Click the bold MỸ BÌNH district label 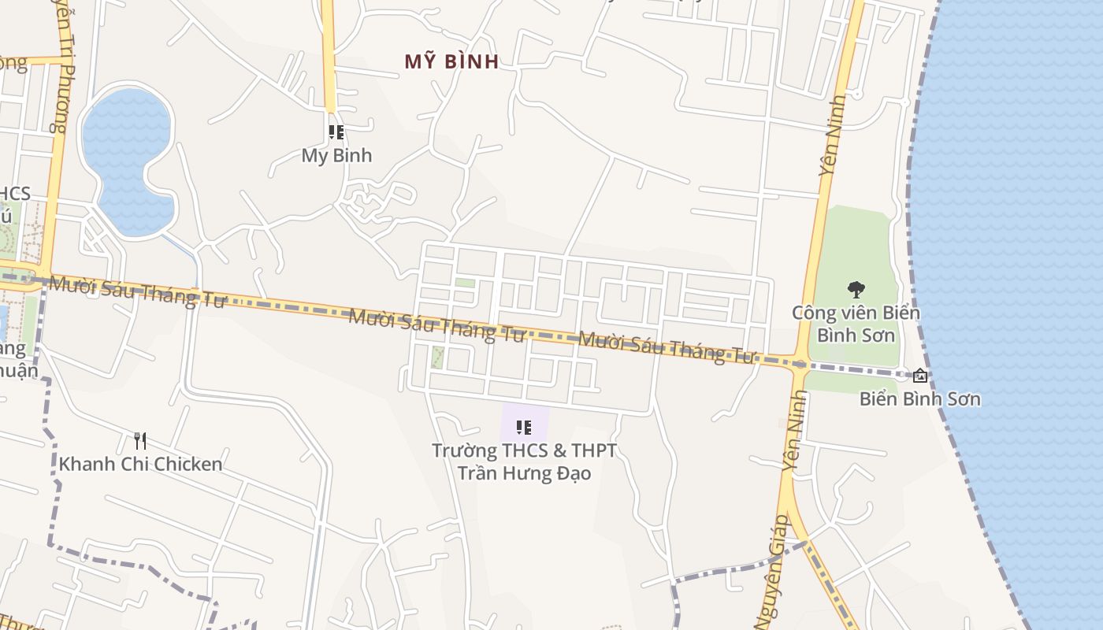451,61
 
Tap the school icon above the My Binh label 336,132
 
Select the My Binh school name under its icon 336,155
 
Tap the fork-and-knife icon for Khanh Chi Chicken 140,440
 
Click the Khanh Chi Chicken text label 141,464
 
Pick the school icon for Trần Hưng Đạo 524,428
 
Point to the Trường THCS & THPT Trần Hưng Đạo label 524,461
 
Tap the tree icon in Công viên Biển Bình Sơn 856,290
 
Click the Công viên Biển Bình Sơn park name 856,324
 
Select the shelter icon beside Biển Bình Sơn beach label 919,376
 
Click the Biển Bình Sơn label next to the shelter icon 920,398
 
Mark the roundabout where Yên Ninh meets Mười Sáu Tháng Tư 800,365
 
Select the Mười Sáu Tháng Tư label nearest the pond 137,291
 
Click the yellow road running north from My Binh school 329,55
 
